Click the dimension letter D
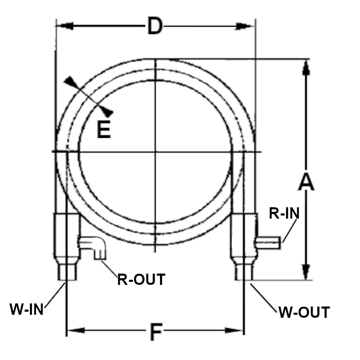[x=155, y=26]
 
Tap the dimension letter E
[x=104, y=130]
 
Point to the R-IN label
[x=284, y=213]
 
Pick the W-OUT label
[x=304, y=312]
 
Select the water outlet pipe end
[x=244, y=272]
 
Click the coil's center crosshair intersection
[x=155, y=151]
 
